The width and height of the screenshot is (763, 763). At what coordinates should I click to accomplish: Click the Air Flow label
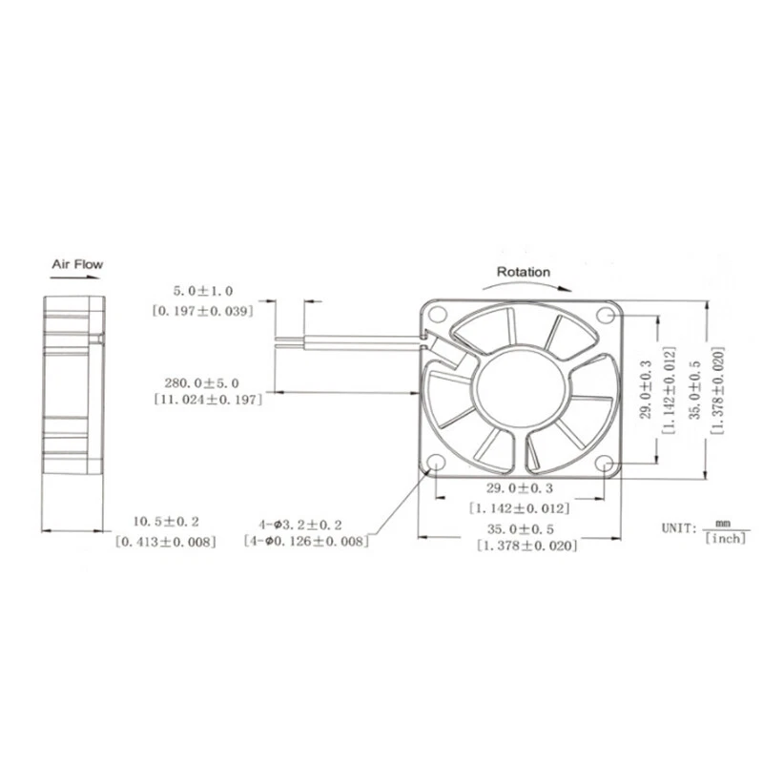[x=77, y=264]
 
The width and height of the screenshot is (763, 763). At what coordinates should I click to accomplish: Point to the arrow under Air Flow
[x=77, y=278]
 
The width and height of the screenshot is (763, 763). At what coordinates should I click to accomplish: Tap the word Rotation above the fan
[x=523, y=272]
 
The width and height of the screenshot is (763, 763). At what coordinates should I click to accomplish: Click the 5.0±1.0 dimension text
[x=202, y=290]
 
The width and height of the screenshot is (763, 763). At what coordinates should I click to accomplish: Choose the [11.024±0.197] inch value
[x=208, y=400]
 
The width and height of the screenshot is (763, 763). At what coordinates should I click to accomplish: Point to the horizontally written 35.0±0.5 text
[x=522, y=527]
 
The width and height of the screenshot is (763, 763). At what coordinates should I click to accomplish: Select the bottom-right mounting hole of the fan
[x=606, y=464]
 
